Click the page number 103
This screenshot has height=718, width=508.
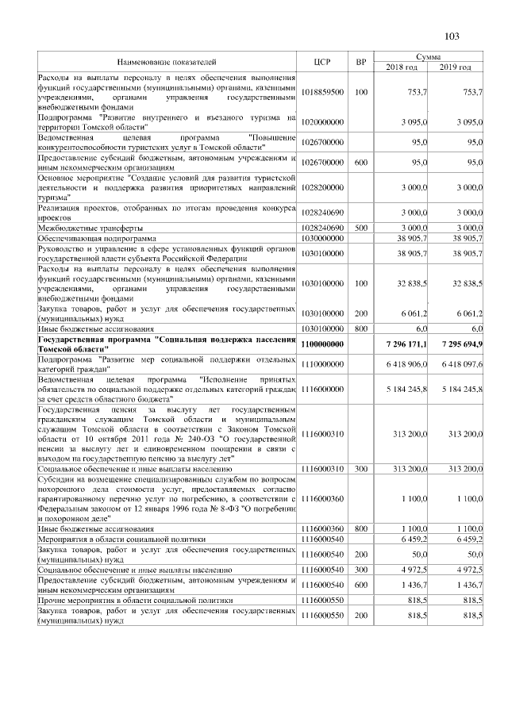point(452,36)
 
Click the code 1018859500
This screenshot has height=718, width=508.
point(322,93)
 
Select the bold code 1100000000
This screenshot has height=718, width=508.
point(322,344)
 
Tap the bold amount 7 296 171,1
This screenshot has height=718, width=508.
point(406,344)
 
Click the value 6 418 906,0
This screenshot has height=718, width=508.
point(406,363)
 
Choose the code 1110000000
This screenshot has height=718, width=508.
point(322,363)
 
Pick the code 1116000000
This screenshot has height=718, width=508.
point(322,389)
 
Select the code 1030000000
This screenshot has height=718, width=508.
point(322,238)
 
